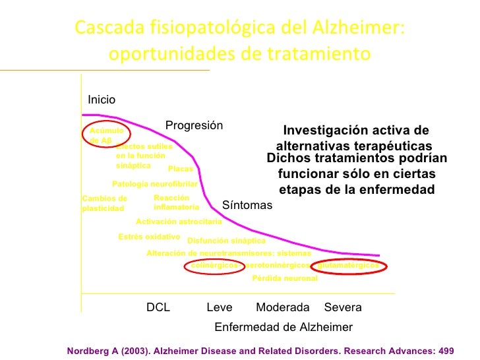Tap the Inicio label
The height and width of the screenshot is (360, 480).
click(102, 100)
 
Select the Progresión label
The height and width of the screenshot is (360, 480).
click(194, 125)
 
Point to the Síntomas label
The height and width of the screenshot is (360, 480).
click(247, 205)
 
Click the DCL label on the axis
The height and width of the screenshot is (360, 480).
click(158, 307)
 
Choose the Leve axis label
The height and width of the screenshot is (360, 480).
click(220, 307)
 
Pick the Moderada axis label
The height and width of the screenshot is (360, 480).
click(282, 307)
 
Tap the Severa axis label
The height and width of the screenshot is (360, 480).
click(343, 307)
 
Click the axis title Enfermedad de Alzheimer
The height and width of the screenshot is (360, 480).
click(284, 327)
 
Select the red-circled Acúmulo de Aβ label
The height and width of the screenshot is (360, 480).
click(105, 135)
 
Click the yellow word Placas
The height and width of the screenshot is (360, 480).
click(181, 169)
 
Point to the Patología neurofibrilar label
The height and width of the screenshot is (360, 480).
click(155, 184)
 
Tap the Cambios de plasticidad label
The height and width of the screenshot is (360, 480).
click(104, 203)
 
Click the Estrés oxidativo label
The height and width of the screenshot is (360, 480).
click(149, 236)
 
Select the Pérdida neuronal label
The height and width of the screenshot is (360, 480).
click(285, 278)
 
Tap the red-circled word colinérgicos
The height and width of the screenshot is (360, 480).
click(214, 265)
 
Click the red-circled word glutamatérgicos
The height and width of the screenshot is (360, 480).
click(348, 265)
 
